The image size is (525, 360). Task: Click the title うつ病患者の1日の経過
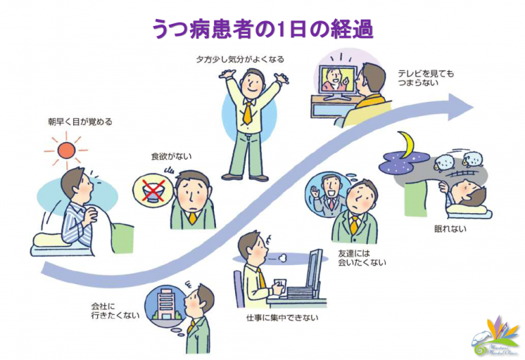(x=262, y=29)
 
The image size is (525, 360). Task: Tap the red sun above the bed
(x=66, y=150)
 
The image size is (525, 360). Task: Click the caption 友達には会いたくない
(x=358, y=258)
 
